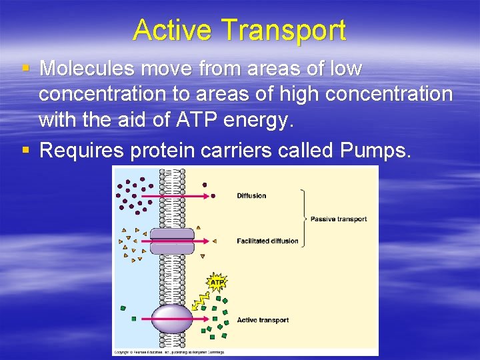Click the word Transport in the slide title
tap(283, 31)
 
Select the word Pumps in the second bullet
tap(374, 151)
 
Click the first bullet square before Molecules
tap(25, 69)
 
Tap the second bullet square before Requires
tap(25, 151)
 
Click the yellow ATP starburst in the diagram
tap(217, 283)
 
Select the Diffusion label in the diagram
tap(251, 196)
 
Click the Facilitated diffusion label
tap(267, 241)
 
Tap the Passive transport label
tap(339, 219)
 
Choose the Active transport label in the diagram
tap(263, 320)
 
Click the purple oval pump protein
tap(172, 319)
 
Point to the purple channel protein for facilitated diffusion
tap(172, 241)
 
